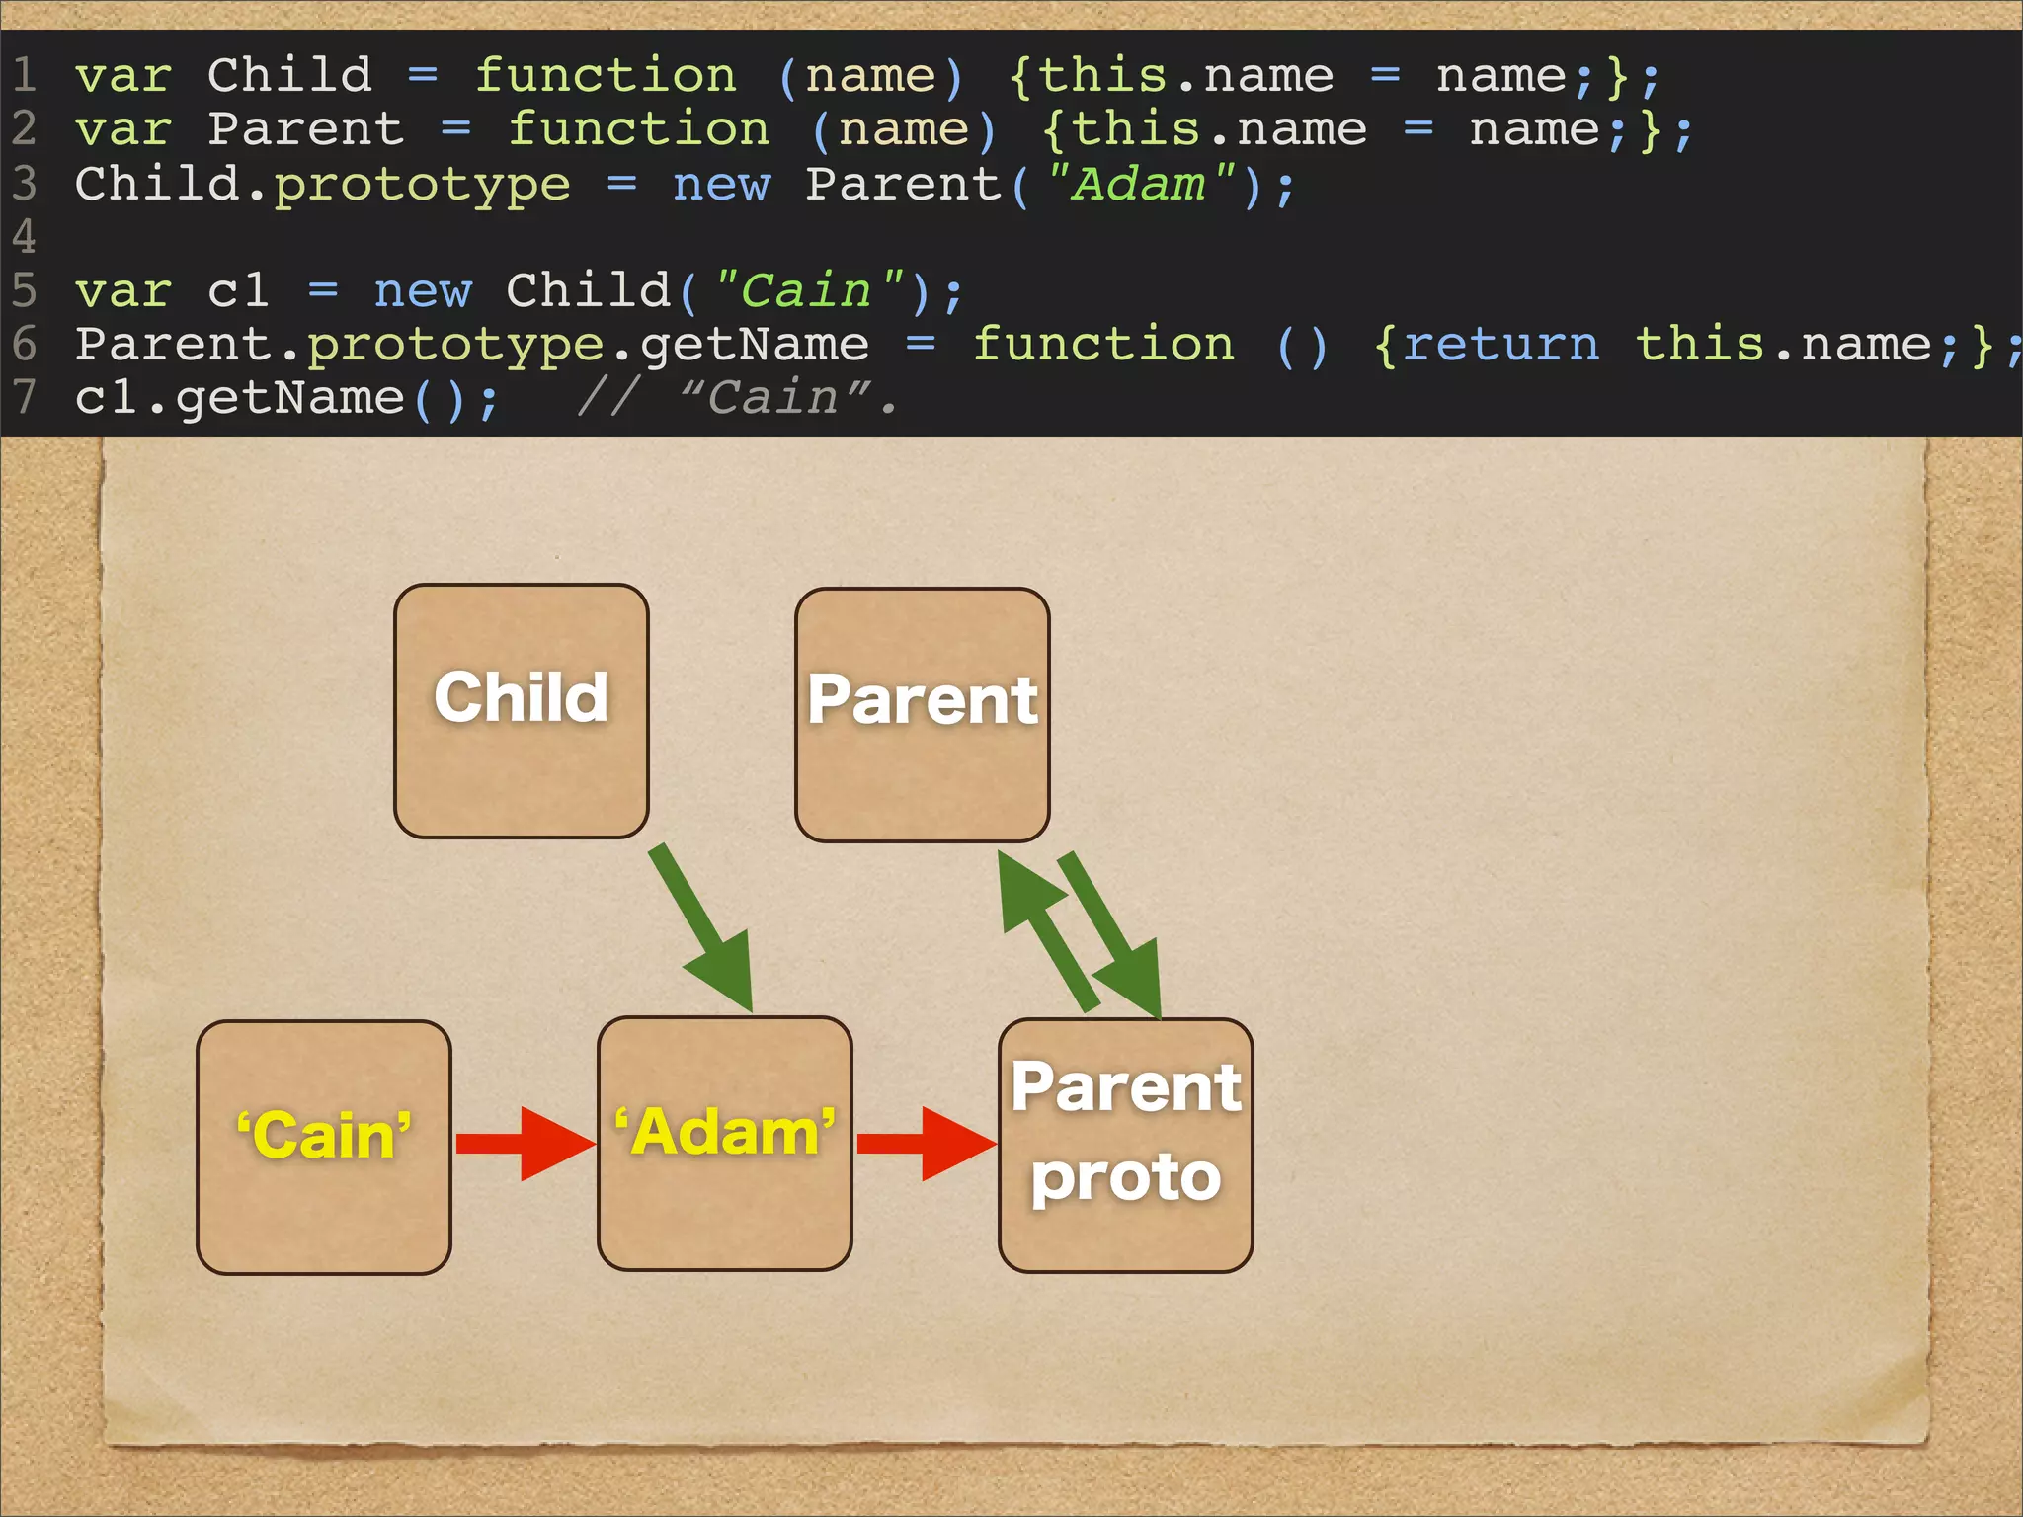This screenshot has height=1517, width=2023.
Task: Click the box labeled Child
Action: coord(521,711)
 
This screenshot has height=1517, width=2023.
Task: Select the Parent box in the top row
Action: coord(922,715)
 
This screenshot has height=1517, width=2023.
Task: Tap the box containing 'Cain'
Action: coord(323,1147)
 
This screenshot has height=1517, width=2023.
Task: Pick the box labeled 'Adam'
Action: coord(724,1144)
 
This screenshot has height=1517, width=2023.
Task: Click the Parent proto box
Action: coord(1125,1146)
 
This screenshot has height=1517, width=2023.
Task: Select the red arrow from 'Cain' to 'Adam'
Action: coord(525,1144)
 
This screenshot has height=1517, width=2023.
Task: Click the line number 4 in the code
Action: coord(24,237)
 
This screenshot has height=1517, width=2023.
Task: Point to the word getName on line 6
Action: coord(755,345)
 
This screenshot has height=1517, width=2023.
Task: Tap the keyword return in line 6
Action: coord(1499,345)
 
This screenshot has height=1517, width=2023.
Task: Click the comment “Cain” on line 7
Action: coord(776,398)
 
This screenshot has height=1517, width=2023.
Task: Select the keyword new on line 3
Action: coord(721,185)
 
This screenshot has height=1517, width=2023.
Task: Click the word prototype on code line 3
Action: coord(422,185)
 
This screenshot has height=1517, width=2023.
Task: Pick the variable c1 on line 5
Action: coord(238,291)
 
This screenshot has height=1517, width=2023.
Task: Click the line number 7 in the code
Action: coord(24,398)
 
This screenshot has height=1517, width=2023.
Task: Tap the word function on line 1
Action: coord(606,76)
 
